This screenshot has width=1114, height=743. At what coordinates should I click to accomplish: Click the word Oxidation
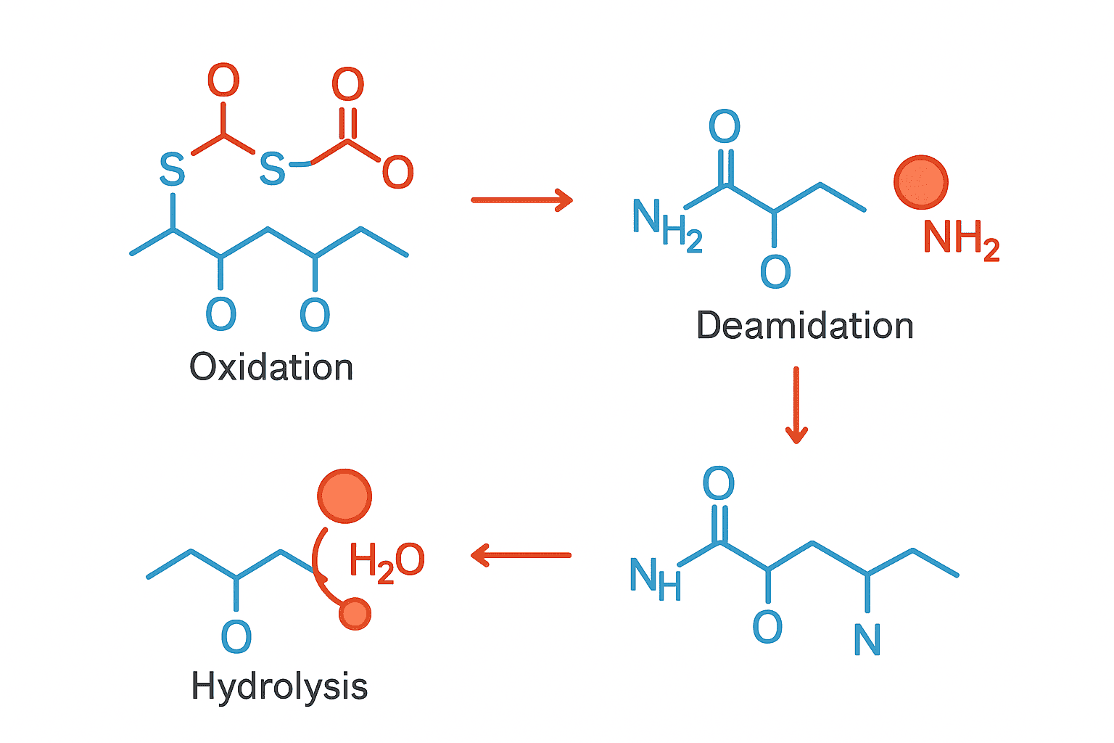click(x=271, y=367)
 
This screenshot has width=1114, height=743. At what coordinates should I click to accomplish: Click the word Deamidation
click(x=804, y=326)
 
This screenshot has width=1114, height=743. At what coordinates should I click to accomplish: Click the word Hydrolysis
click(x=279, y=686)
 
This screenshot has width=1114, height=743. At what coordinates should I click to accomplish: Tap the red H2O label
click(x=386, y=562)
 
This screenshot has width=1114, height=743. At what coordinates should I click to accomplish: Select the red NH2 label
click(x=961, y=239)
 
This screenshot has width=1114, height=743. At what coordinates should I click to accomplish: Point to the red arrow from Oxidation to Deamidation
click(x=521, y=200)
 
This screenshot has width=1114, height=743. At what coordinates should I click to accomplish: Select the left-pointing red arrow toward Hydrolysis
click(x=521, y=556)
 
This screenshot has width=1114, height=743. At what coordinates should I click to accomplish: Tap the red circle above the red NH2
click(x=921, y=182)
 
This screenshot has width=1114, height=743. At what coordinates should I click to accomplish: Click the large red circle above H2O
click(x=344, y=496)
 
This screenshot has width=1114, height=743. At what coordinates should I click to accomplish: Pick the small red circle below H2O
click(x=355, y=614)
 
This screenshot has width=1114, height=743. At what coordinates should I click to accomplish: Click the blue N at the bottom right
click(x=867, y=640)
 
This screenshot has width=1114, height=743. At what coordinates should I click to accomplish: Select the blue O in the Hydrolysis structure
click(x=236, y=637)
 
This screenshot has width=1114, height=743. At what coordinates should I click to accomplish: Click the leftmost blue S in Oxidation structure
click(x=172, y=170)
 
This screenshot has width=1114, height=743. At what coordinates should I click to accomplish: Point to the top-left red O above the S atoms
click(x=223, y=80)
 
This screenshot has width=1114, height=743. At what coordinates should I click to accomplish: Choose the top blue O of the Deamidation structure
click(x=724, y=127)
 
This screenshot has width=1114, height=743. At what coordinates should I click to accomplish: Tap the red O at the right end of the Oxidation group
click(x=397, y=173)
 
